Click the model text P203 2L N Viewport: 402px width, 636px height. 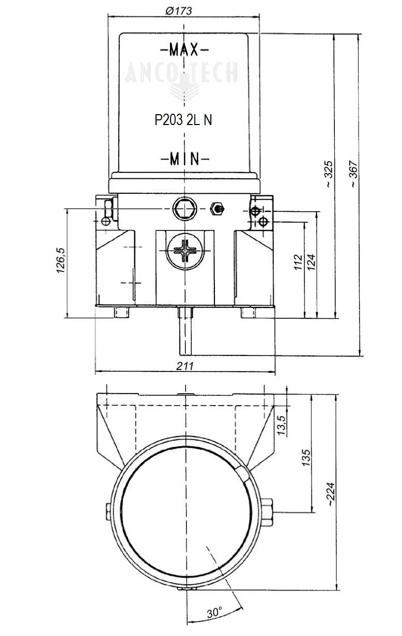pyautogui.click(x=183, y=120)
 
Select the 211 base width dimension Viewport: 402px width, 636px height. pyautogui.click(x=184, y=366)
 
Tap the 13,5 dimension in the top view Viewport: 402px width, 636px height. pyautogui.click(x=282, y=425)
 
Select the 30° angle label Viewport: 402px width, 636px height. pyautogui.click(x=214, y=613)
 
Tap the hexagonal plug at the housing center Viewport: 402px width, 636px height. pyautogui.click(x=184, y=208)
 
